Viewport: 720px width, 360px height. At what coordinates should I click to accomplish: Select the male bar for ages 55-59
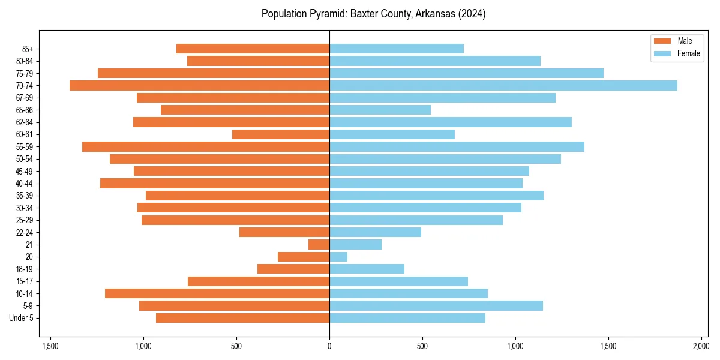[x=206, y=146]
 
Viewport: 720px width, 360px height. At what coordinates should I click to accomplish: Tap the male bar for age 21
[x=319, y=244]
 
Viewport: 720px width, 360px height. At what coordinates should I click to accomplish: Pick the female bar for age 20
[x=338, y=257]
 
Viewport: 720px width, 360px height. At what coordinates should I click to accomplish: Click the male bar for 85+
[x=253, y=49]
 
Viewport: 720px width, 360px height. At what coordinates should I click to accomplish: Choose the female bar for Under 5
[x=407, y=318]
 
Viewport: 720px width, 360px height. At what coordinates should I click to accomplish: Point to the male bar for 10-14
[x=217, y=293]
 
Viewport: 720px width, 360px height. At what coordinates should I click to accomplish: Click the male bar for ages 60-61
[x=281, y=134]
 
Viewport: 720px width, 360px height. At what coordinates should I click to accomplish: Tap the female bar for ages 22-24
[x=375, y=232]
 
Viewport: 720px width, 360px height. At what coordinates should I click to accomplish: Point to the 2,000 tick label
[x=701, y=347]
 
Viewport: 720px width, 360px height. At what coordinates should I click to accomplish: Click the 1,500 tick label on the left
[x=50, y=347]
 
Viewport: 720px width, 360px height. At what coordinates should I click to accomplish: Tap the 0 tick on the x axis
[x=329, y=347]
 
